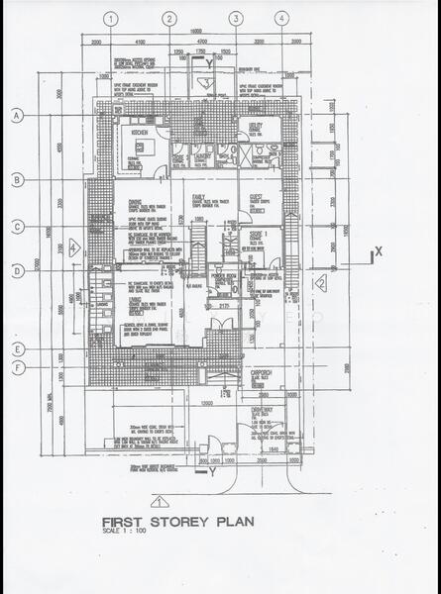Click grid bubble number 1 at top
click(x=111, y=18)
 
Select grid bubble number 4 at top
click(x=281, y=18)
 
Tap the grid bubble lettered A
click(x=17, y=116)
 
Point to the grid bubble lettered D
click(x=17, y=270)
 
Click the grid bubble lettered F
click(x=17, y=369)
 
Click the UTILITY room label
click(x=256, y=126)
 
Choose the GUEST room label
click(x=257, y=196)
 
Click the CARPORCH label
click(x=261, y=360)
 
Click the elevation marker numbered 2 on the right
click(x=320, y=284)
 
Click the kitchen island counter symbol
click(x=138, y=146)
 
